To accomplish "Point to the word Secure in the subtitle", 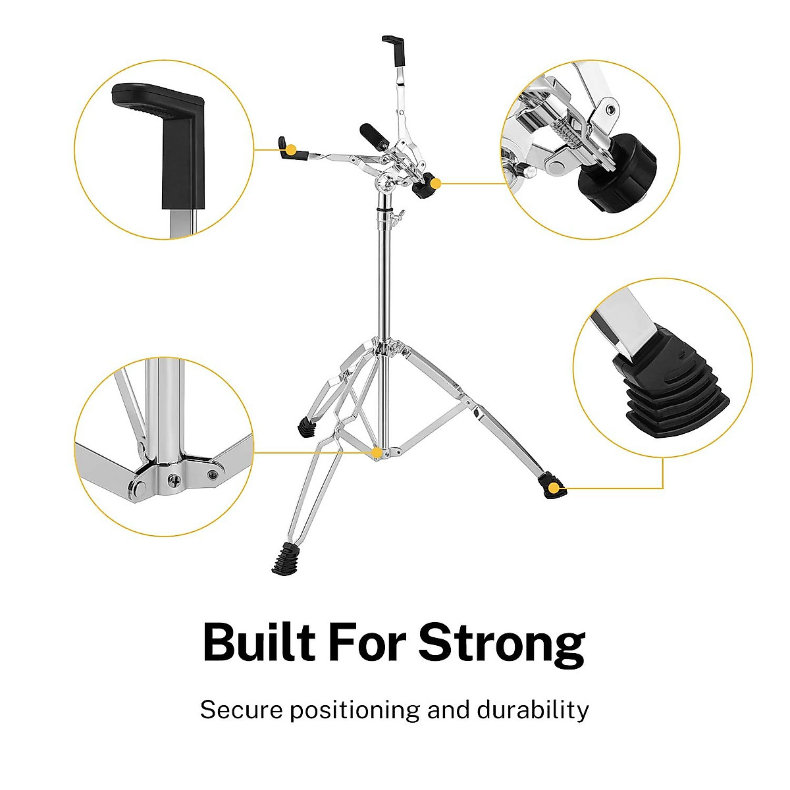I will click(242, 710).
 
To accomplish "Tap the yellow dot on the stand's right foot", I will click(554, 488).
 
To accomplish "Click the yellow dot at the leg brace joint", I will click(376, 453).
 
